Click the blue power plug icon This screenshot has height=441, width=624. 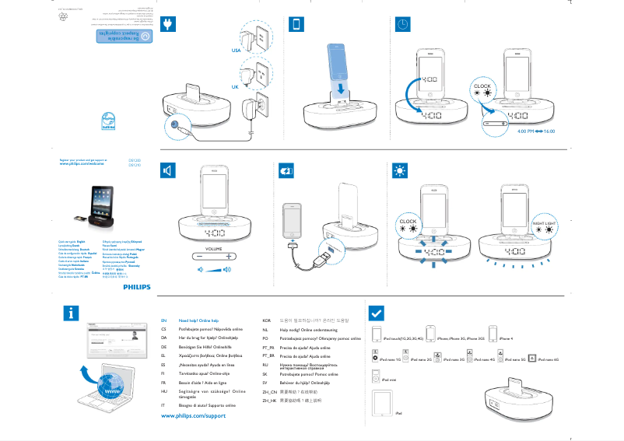click(x=167, y=24)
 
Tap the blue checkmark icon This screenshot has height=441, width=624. click(x=375, y=313)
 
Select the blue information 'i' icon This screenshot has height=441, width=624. click(x=72, y=313)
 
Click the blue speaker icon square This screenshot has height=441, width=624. click(x=167, y=171)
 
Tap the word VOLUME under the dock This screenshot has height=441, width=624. click(x=214, y=247)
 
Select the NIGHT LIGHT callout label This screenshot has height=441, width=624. click(x=544, y=223)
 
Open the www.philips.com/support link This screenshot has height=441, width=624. click(x=193, y=417)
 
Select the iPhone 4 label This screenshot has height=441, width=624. click(x=507, y=339)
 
